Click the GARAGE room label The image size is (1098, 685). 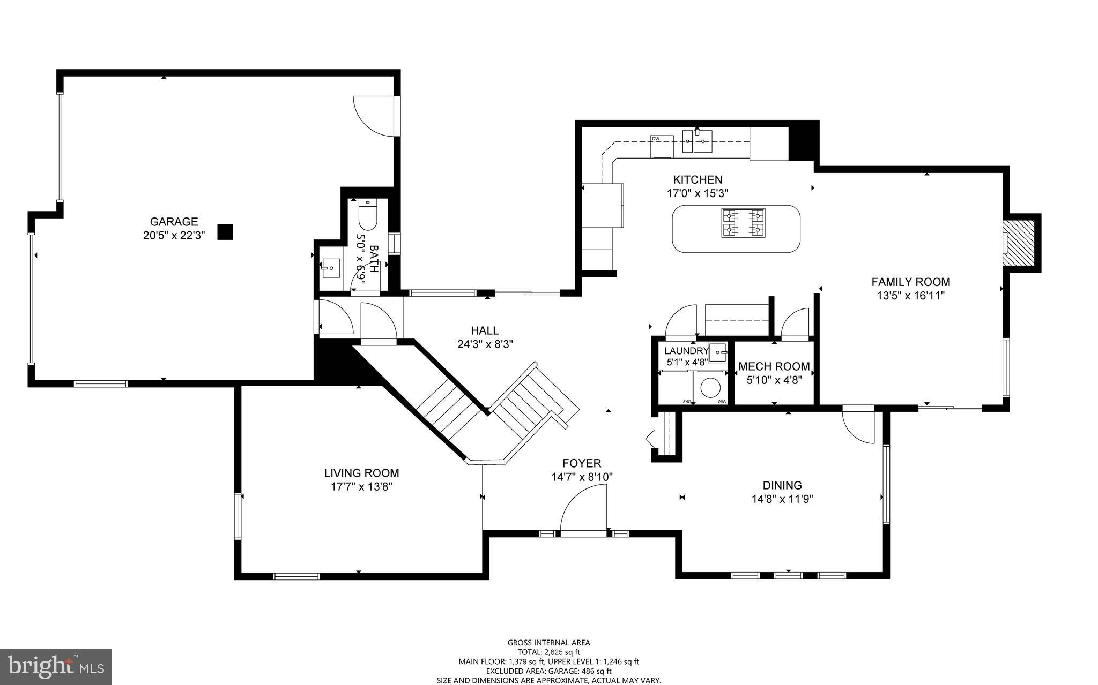pos(173,222)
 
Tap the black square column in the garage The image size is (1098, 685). pos(225,231)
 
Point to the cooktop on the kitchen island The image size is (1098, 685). pos(744,223)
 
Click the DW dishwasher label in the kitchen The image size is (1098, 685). pos(655,139)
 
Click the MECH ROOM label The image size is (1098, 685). pos(774,366)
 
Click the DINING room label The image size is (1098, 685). pos(782,485)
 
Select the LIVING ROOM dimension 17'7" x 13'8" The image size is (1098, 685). pos(362,487)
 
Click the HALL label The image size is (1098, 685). pos(485,330)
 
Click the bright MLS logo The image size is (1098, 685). pos(56,666)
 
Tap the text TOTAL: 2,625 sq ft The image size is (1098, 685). pos(548,652)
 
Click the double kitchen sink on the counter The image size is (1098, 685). pos(697,142)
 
